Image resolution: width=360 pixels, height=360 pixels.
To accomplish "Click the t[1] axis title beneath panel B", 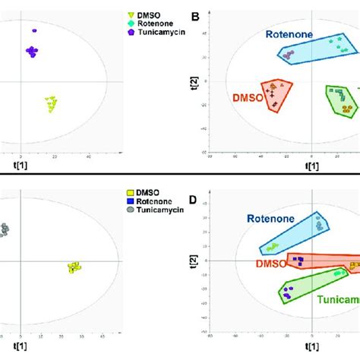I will [311, 166].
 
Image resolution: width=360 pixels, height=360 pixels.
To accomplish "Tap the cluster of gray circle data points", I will [4, 229].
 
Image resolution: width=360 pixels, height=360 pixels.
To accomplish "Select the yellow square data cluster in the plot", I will [74, 267].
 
